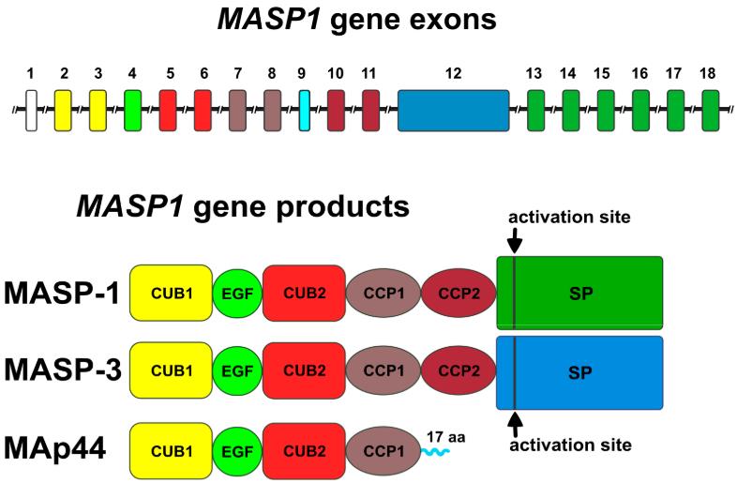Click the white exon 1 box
tap(31, 111)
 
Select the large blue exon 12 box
tap(453, 111)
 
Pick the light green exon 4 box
tap(132, 111)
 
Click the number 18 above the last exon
tap(710, 73)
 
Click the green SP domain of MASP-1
tap(579, 294)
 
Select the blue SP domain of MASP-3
tap(579, 372)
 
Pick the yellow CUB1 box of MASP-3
tap(170, 372)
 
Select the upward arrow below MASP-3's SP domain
tap(515, 421)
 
